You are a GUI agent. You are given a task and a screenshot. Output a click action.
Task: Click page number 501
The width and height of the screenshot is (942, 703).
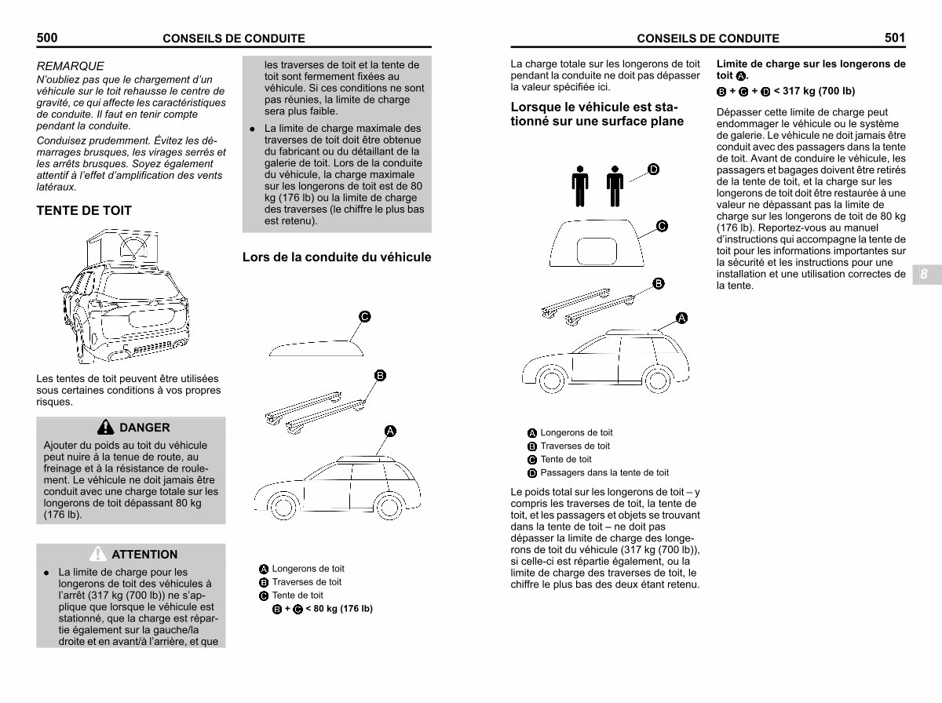pyautogui.click(x=894, y=37)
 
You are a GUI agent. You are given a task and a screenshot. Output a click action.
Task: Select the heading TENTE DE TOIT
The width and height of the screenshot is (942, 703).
pyautogui.click(x=84, y=210)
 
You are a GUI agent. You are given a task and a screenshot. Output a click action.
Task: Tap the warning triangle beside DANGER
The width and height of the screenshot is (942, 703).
pyautogui.click(x=105, y=428)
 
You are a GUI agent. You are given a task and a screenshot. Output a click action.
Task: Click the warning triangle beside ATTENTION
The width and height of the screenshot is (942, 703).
pyautogui.click(x=98, y=554)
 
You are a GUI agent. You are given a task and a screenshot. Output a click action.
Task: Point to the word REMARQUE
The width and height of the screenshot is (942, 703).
pyautogui.click(x=71, y=67)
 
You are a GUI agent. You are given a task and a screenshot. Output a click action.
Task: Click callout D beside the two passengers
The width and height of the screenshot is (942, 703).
pyautogui.click(x=653, y=169)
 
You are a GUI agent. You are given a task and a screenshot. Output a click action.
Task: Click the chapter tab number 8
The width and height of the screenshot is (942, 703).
pyautogui.click(x=924, y=275)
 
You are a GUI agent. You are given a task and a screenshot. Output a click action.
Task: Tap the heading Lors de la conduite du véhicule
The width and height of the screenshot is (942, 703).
pyautogui.click(x=337, y=257)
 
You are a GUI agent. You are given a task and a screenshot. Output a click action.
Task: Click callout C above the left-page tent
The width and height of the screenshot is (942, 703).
pyautogui.click(x=364, y=316)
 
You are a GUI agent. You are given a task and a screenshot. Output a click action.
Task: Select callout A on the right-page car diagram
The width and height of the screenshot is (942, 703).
pyautogui.click(x=681, y=318)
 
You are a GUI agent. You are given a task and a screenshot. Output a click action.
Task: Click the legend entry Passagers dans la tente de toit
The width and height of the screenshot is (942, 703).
pyautogui.click(x=604, y=472)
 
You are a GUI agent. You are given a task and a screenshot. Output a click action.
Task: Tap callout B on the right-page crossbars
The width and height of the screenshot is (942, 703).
pyautogui.click(x=659, y=283)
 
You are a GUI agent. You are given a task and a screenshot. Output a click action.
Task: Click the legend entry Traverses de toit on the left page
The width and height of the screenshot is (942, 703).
pyautogui.click(x=306, y=582)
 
